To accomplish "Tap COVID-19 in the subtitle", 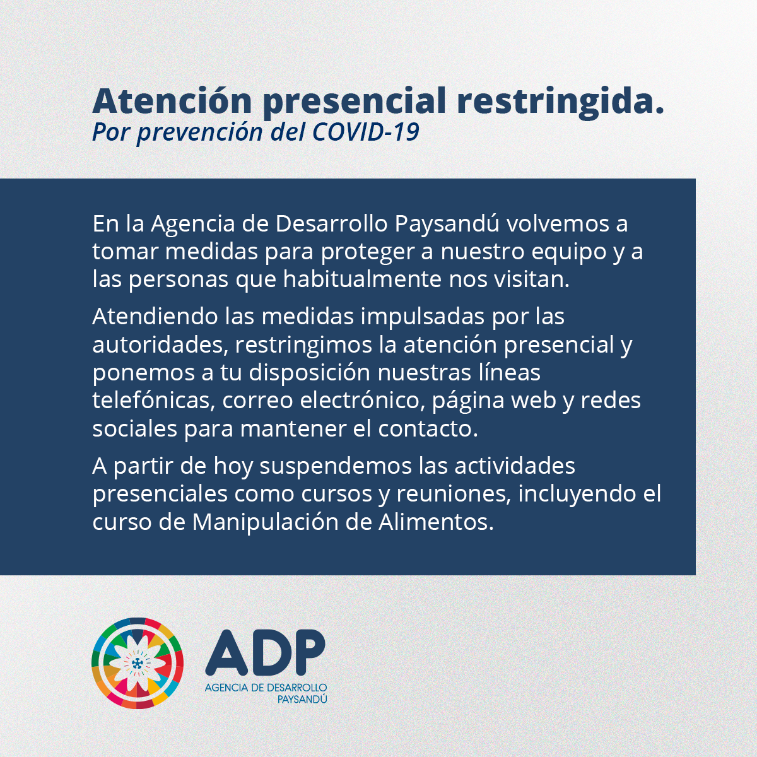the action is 366,132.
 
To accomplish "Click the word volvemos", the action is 555,223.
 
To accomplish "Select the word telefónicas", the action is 153,401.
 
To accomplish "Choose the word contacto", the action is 428,429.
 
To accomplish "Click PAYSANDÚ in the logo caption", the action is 302,699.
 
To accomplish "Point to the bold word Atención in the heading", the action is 172,102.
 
